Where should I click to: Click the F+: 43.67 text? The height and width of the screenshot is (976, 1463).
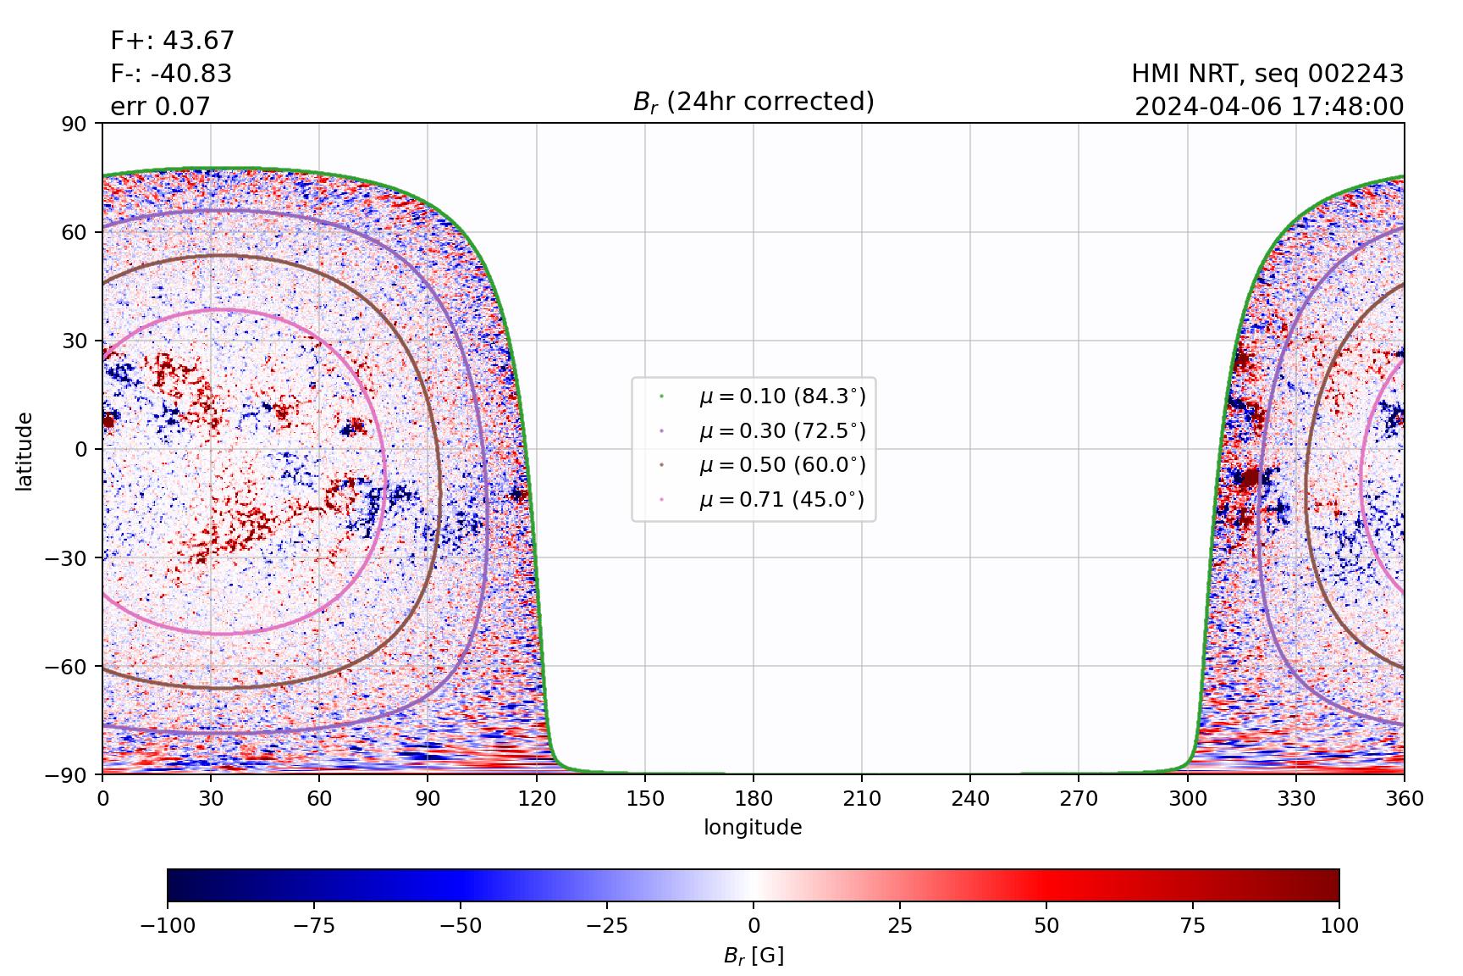tap(172, 41)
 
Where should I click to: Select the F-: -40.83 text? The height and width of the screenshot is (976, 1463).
tap(171, 74)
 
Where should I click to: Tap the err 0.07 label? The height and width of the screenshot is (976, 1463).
tap(160, 107)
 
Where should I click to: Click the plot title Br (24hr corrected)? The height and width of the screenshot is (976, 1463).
tap(753, 102)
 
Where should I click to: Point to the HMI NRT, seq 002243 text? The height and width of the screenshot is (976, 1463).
tap(1267, 74)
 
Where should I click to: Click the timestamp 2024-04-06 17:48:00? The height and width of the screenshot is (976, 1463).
tap(1269, 107)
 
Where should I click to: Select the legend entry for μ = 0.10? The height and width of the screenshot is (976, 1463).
tap(781, 396)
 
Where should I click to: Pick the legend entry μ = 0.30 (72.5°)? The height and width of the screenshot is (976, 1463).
tap(781, 430)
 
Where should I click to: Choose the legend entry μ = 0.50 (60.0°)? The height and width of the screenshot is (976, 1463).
tap(781, 465)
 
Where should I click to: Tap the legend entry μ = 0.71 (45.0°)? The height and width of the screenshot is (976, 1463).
tap(781, 500)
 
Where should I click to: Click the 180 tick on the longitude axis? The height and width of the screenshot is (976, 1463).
tap(754, 799)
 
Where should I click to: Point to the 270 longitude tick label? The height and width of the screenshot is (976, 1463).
tap(1079, 799)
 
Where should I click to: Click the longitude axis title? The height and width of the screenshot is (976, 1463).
tap(753, 828)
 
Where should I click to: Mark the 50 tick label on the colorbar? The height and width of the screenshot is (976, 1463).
tap(1046, 925)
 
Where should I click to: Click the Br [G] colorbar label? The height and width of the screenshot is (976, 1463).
tap(753, 956)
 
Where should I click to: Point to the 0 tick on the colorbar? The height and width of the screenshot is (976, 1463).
tap(754, 925)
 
